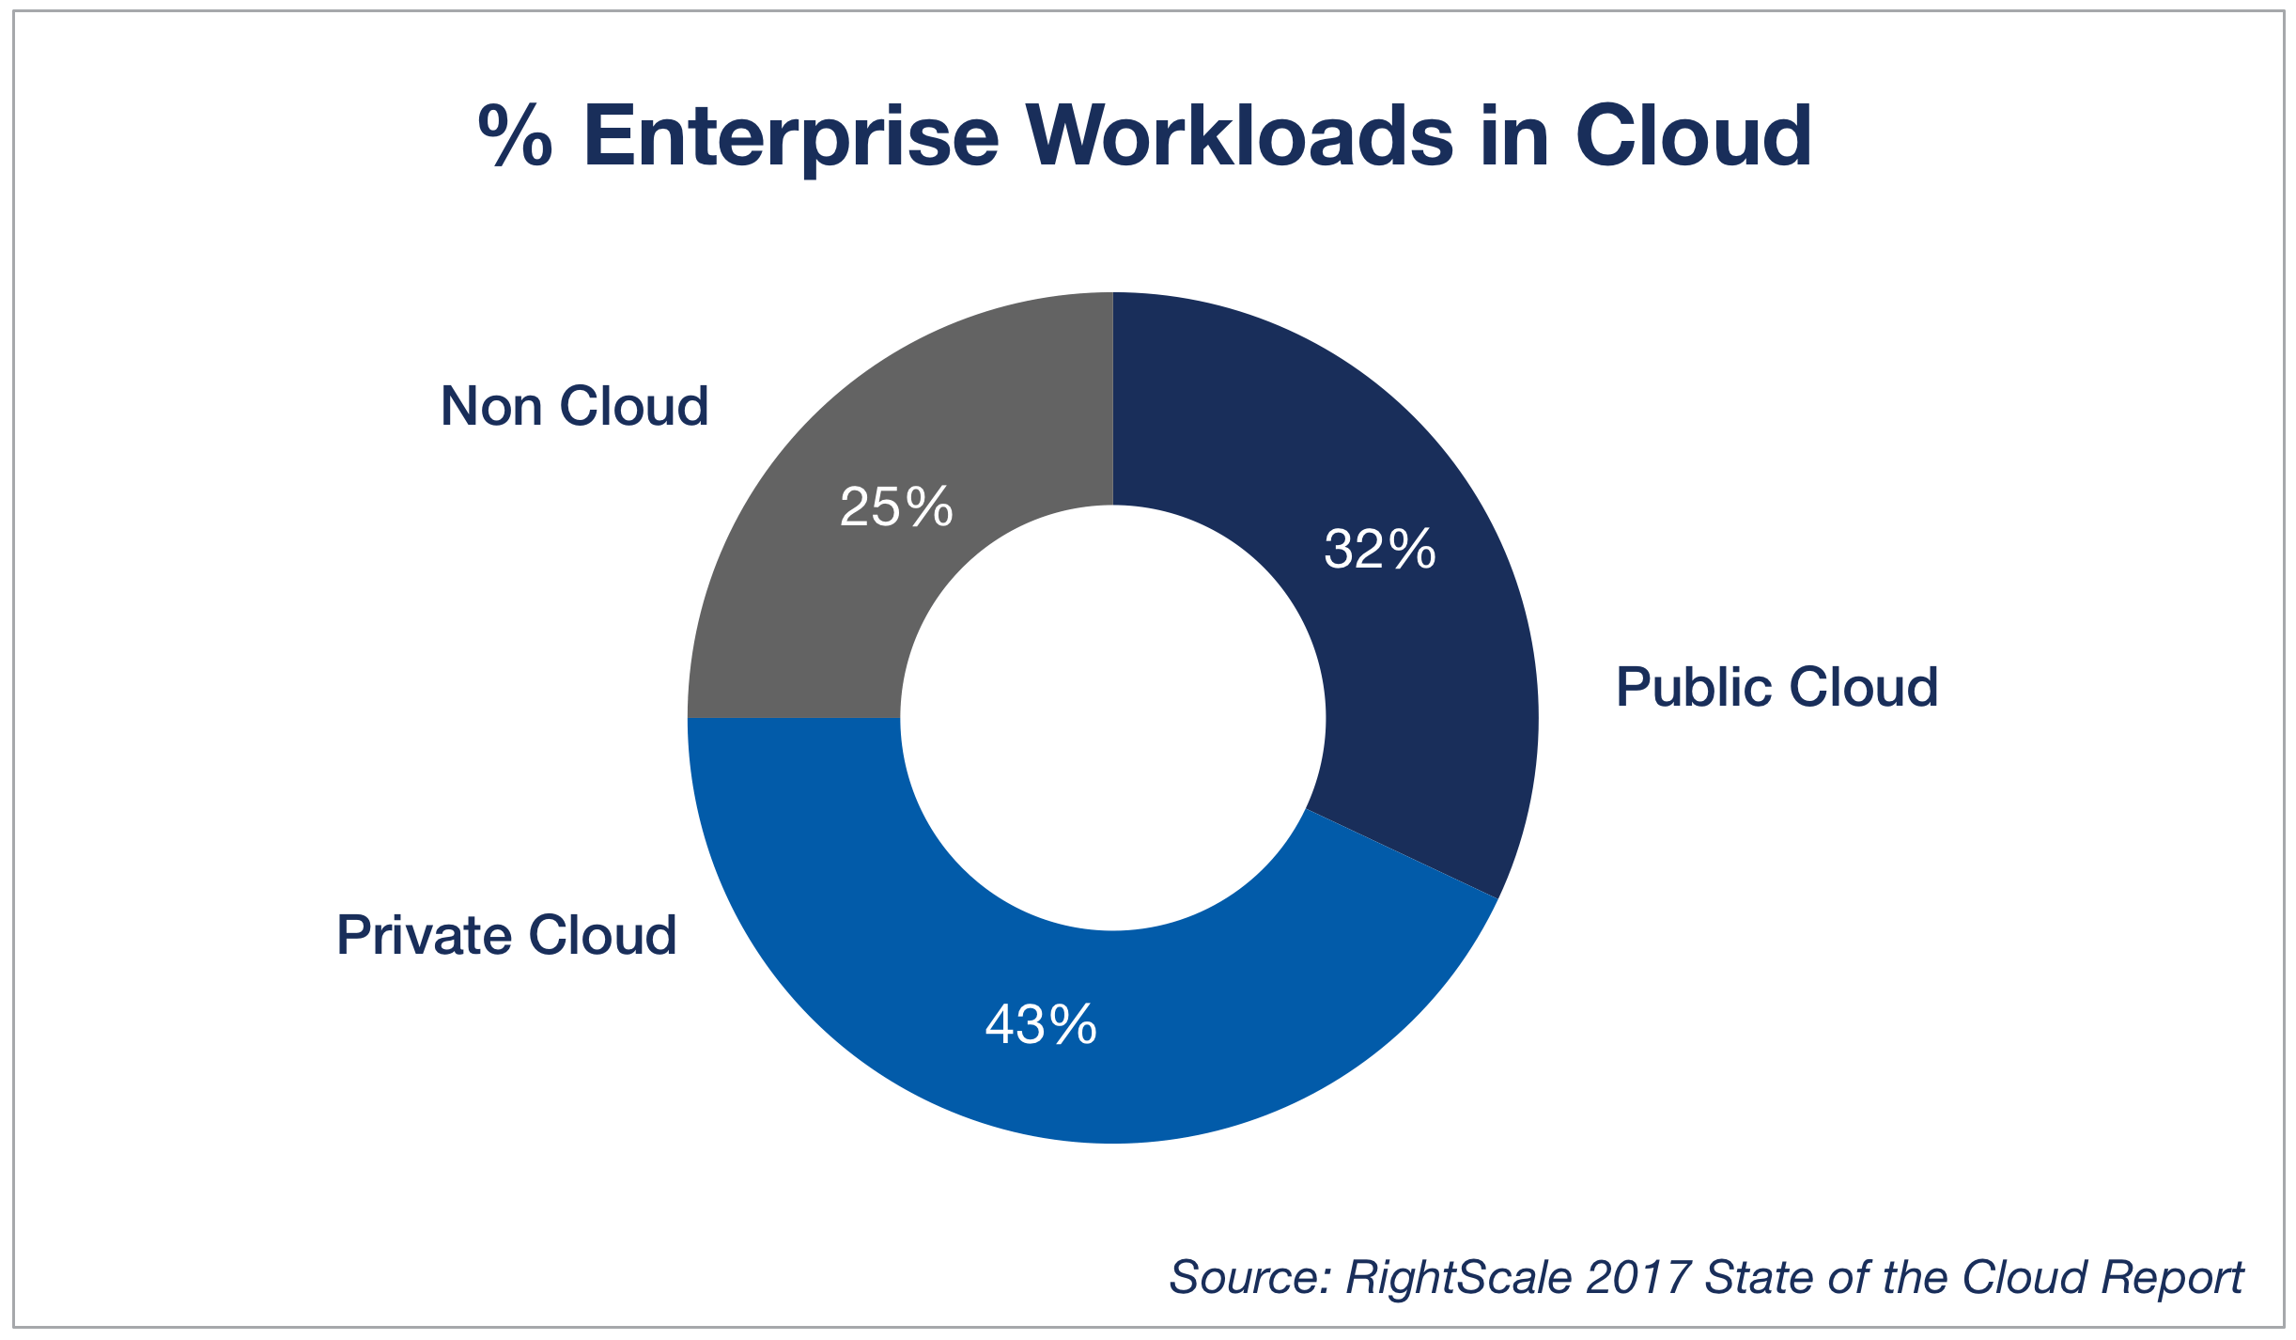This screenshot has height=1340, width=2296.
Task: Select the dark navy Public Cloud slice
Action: tap(1409, 658)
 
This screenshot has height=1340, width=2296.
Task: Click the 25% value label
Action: tap(896, 507)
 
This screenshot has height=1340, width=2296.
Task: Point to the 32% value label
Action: tap(1379, 550)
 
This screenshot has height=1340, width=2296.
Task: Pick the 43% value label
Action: tap(1041, 1024)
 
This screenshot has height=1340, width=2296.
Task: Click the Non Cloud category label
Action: tap(574, 407)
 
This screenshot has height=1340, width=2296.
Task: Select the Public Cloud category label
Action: tap(1776, 687)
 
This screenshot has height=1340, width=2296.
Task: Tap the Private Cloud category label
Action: tap(506, 936)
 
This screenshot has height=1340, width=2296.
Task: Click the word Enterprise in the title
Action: tap(791, 138)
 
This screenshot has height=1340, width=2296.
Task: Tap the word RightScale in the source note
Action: tap(1459, 1278)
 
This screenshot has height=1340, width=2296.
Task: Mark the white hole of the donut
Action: tap(1113, 718)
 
